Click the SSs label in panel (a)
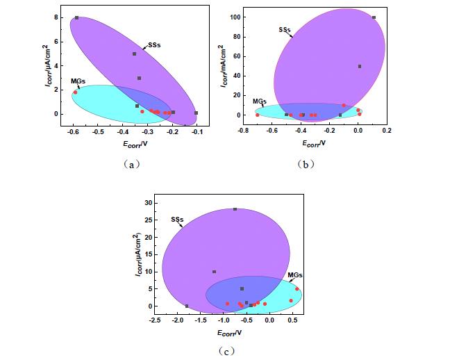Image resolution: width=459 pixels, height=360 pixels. click(153, 46)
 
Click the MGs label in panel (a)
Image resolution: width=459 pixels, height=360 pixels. click(78, 81)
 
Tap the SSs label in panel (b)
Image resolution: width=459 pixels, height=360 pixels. click(283, 30)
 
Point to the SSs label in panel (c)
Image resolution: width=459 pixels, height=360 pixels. click(177, 220)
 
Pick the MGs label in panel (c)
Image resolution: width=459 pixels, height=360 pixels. click(294, 275)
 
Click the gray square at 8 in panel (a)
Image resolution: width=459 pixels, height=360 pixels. click(76, 18)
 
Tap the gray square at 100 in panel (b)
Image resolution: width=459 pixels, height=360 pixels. click(374, 17)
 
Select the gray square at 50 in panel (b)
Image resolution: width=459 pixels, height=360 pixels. click(360, 66)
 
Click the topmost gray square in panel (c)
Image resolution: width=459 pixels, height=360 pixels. click(235, 209)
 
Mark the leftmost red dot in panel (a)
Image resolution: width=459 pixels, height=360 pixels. click(75, 92)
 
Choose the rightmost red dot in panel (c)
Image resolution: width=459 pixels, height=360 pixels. click(297, 288)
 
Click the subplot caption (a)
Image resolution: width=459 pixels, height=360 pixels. click(131, 164)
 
